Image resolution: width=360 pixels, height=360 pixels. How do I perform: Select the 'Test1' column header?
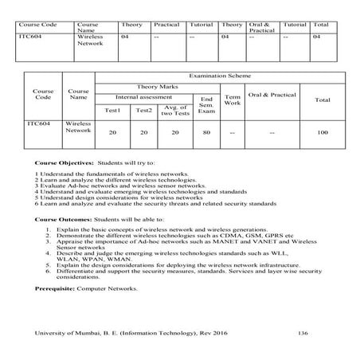[113, 110]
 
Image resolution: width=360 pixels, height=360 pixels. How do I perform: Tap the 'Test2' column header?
[143, 110]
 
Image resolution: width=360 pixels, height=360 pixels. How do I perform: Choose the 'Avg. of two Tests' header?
[172, 109]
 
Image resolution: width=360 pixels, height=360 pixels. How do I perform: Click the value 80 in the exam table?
[206, 133]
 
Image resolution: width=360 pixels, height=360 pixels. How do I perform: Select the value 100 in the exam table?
[322, 133]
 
